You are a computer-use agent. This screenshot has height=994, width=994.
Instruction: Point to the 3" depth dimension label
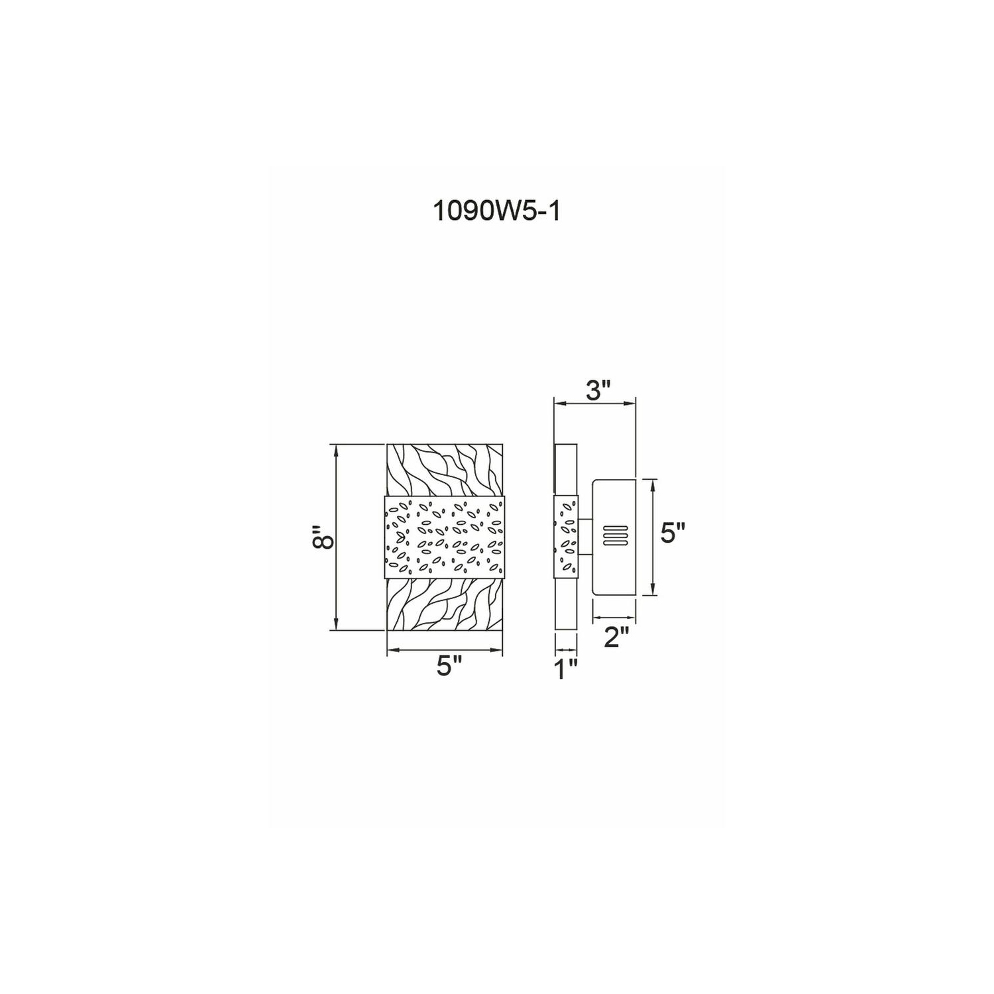595,391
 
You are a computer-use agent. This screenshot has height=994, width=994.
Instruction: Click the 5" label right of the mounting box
673,533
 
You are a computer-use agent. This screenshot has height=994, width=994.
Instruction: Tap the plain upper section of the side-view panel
565,469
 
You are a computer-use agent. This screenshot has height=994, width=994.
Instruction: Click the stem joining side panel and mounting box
584,537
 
